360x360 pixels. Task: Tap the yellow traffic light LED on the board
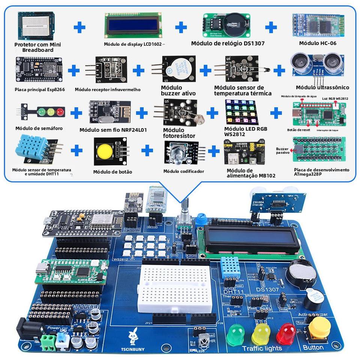pyautogui.click(x=260, y=333)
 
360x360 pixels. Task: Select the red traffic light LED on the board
pyautogui.click(x=286, y=332)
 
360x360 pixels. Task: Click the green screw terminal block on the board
pyautogui.click(x=47, y=341)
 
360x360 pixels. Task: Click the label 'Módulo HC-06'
pyautogui.click(x=318, y=43)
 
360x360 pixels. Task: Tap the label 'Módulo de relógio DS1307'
pyautogui.click(x=228, y=43)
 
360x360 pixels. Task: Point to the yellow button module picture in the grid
pyautogui.click(x=110, y=151)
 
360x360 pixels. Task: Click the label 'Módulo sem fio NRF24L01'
pyautogui.click(x=113, y=130)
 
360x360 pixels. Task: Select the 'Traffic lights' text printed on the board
pyautogui.click(x=262, y=348)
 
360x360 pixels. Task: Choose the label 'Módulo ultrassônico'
pyautogui.click(x=322, y=87)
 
